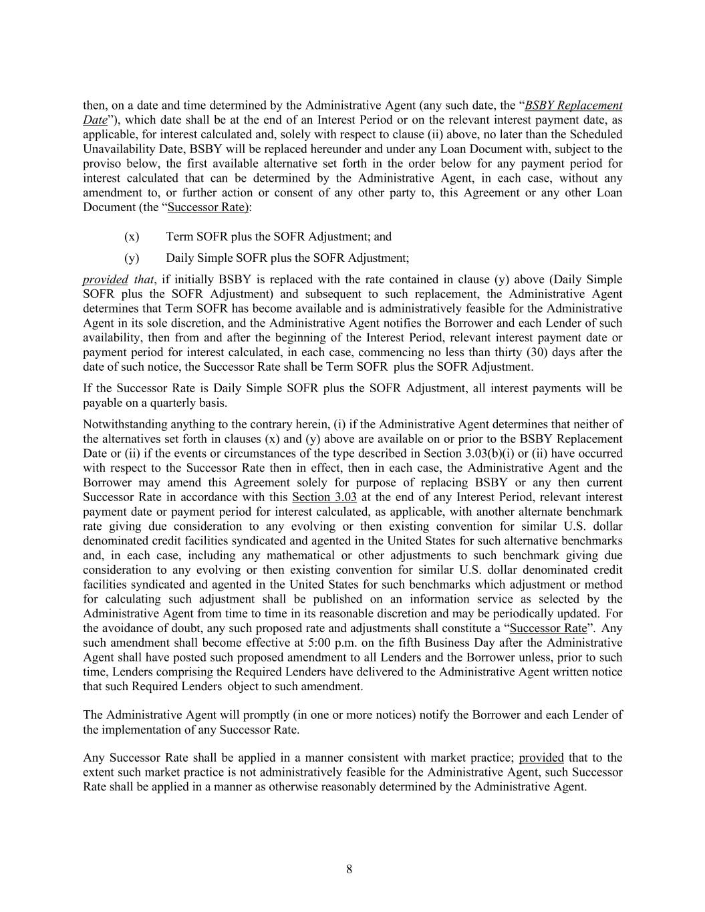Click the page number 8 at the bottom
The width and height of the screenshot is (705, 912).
point(349,869)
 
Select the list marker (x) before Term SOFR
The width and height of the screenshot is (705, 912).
point(132,237)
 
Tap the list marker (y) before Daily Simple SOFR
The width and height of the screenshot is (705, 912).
point(132,258)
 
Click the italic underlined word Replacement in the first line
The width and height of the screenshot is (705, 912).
point(589,106)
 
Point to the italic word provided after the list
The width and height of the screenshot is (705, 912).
point(105,280)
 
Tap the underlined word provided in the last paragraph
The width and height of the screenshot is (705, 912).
point(541,758)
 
